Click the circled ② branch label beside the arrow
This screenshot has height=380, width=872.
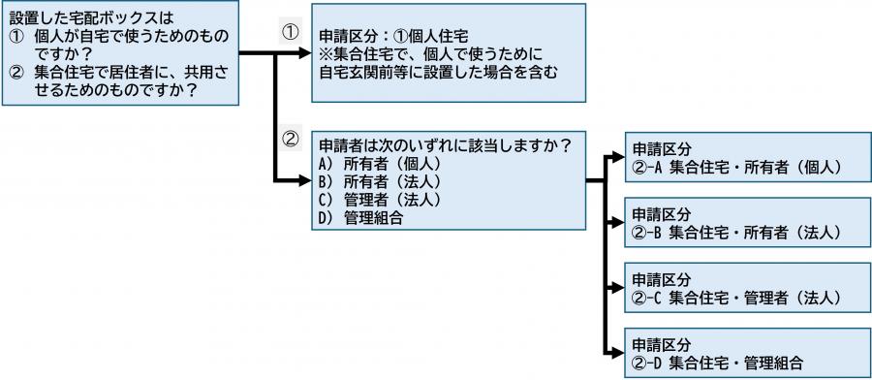coord(289,138)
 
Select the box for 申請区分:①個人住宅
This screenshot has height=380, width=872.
coord(447,53)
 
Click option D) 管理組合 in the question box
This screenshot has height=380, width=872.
coord(359,218)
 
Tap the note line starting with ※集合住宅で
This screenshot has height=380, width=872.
coord(427,54)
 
